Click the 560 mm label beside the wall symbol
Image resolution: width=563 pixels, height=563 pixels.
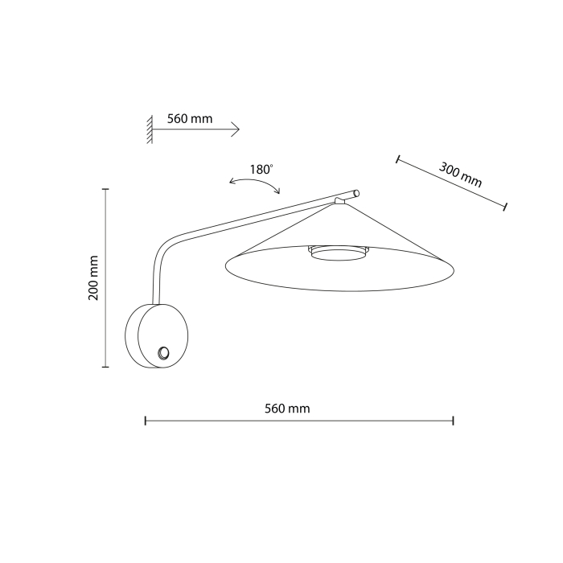click(190, 118)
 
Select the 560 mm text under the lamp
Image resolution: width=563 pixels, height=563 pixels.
click(287, 409)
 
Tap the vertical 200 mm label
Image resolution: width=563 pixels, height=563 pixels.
click(93, 277)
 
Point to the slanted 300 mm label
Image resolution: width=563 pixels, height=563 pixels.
click(460, 175)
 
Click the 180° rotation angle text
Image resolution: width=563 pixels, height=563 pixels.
click(261, 170)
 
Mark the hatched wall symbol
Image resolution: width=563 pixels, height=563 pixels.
click(150, 129)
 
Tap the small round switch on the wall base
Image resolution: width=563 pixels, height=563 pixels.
click(164, 352)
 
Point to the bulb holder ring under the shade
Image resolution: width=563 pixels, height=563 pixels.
click(335, 253)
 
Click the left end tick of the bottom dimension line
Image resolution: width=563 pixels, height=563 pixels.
click(145, 420)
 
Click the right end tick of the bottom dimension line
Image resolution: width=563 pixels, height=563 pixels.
click(454, 420)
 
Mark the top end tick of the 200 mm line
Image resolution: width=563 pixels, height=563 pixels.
click(106, 188)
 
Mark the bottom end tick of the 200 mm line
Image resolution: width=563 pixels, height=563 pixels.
click(106, 367)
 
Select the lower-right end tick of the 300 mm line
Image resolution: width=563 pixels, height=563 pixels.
click(504, 208)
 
